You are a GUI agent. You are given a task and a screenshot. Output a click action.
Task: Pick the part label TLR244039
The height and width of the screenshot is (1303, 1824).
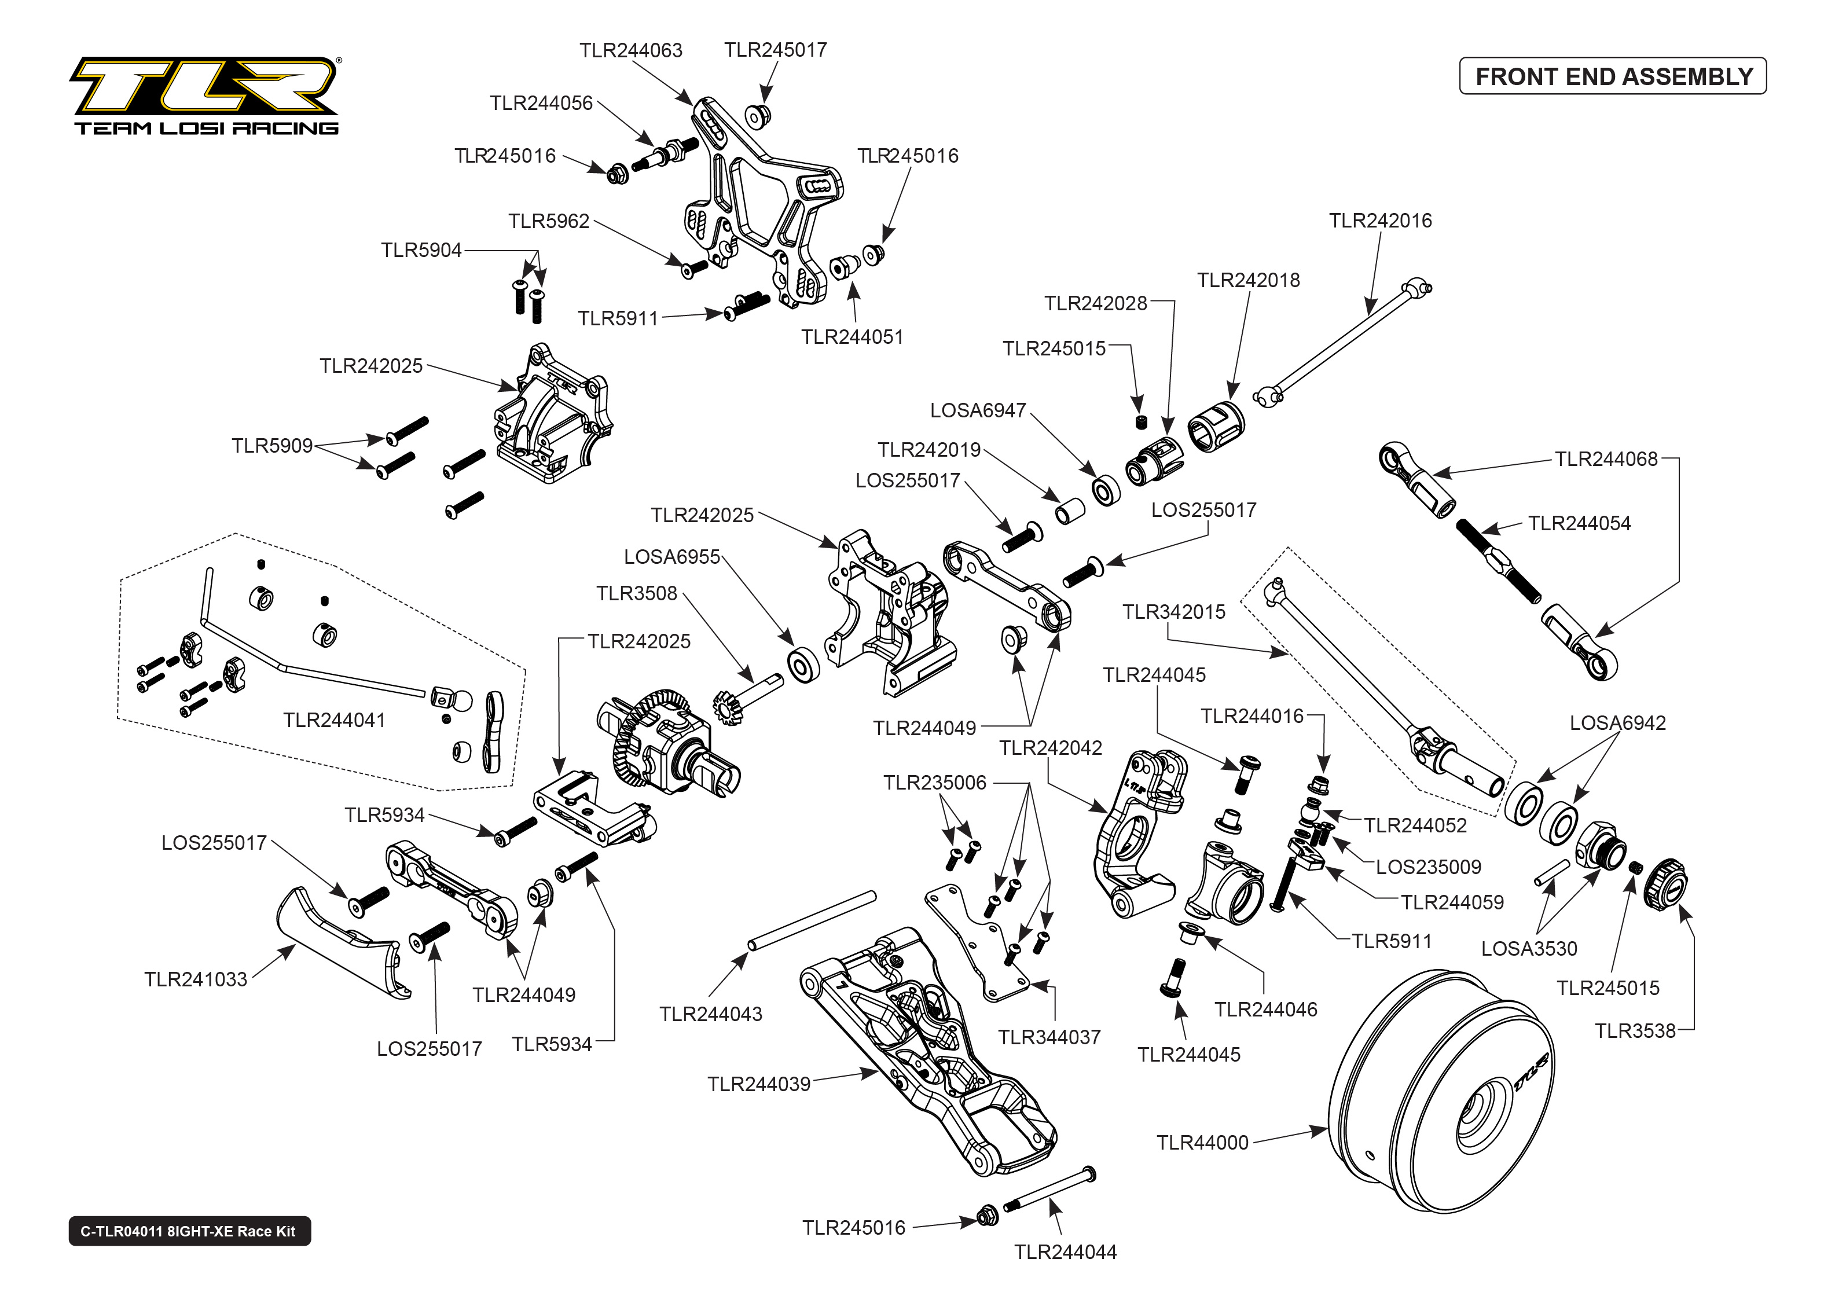tap(759, 1084)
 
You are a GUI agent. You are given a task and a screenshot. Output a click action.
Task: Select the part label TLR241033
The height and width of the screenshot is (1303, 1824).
tap(196, 979)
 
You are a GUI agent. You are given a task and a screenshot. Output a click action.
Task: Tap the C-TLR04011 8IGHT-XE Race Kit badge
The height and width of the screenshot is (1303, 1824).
tap(189, 1231)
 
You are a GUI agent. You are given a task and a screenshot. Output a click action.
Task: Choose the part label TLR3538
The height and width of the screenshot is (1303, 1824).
tap(1635, 1030)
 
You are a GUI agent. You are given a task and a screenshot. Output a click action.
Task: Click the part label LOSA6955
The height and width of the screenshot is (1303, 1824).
tap(672, 557)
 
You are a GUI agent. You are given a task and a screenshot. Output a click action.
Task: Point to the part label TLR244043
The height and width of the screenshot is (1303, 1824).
tap(711, 1014)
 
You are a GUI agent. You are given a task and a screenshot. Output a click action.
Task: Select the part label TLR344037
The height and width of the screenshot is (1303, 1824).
tap(1049, 1037)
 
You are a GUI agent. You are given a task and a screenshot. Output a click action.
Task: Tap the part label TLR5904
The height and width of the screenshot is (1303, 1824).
tap(421, 250)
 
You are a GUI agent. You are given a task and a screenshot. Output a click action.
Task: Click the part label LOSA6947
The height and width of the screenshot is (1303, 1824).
tap(978, 411)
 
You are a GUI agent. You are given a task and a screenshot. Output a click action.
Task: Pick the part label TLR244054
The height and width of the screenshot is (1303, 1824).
tap(1579, 523)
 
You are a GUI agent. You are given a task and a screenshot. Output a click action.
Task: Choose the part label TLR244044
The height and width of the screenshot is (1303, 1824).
tap(1065, 1251)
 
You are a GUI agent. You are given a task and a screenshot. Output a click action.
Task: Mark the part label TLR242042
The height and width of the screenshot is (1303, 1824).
tap(1050, 748)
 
